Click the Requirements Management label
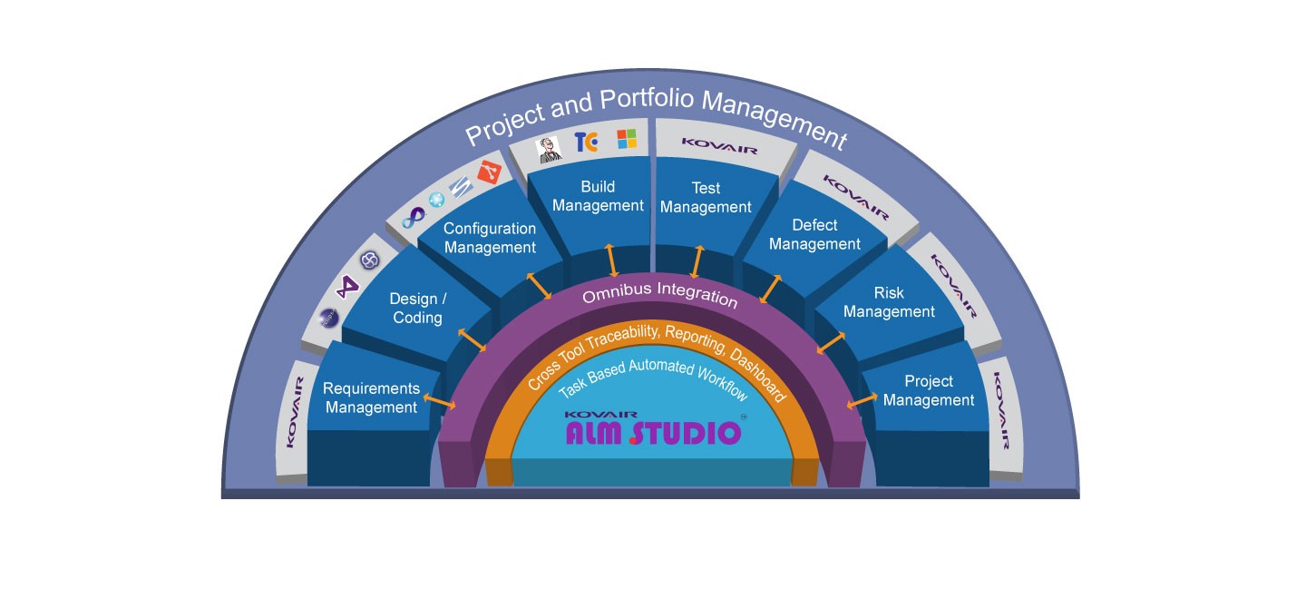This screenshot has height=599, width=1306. (x=372, y=398)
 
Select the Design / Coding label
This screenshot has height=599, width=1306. (x=417, y=308)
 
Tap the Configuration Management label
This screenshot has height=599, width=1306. (x=490, y=238)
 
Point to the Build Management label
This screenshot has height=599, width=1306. (x=598, y=196)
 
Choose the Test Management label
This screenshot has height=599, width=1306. (x=706, y=197)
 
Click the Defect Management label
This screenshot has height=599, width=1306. (x=814, y=234)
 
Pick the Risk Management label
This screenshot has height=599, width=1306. (x=889, y=302)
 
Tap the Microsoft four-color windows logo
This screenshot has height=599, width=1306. (x=627, y=139)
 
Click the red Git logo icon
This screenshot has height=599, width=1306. (x=489, y=172)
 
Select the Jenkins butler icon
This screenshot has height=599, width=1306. (x=550, y=149)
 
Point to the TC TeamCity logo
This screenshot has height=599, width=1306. (x=586, y=142)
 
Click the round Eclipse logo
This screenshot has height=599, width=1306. (x=368, y=260)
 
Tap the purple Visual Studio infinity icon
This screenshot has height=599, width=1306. (x=414, y=217)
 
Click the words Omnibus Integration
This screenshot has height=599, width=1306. (x=659, y=295)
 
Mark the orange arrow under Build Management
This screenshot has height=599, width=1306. (x=612, y=259)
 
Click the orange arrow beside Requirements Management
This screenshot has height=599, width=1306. (x=440, y=399)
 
